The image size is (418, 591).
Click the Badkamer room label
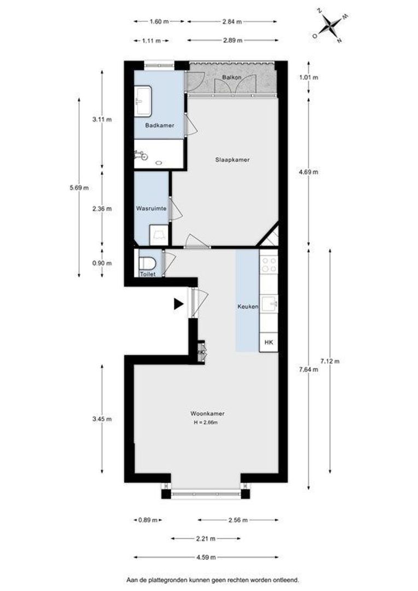coord(160,125)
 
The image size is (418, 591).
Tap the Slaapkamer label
coord(232,160)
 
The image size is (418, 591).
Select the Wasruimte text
coord(151,208)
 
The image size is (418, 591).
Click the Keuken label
coord(247,307)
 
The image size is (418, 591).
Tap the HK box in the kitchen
coord(268,342)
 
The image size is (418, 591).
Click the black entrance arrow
coord(178,304)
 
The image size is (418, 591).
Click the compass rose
coord(330,25)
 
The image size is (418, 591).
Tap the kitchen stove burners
coord(269,265)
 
